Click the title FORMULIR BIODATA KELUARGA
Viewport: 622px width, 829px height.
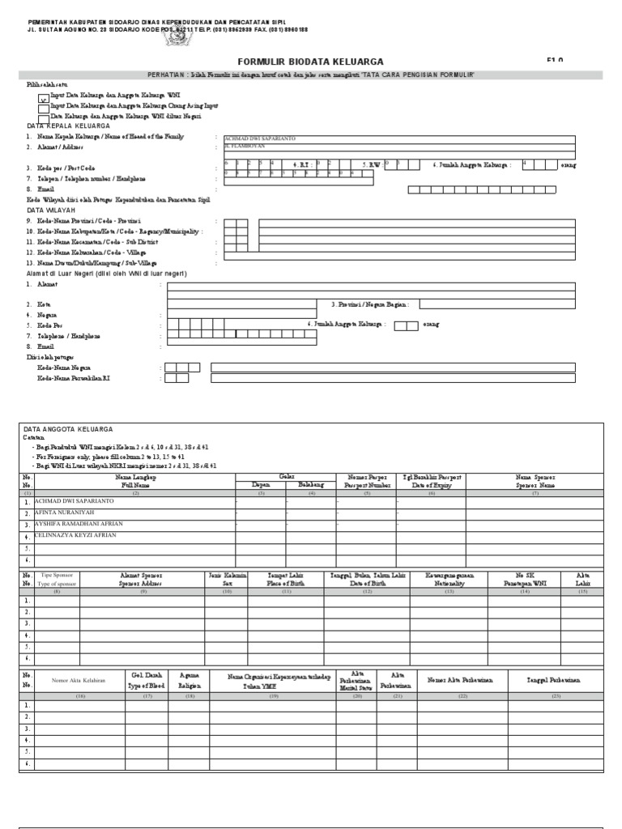click(299, 62)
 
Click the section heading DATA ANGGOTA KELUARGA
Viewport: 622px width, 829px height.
click(68, 429)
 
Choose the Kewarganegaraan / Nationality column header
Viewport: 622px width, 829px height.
click(449, 579)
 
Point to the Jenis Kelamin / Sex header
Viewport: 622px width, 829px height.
click(227, 579)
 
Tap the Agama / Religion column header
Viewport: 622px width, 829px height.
click(190, 679)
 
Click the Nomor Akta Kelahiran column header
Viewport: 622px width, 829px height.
click(79, 680)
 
